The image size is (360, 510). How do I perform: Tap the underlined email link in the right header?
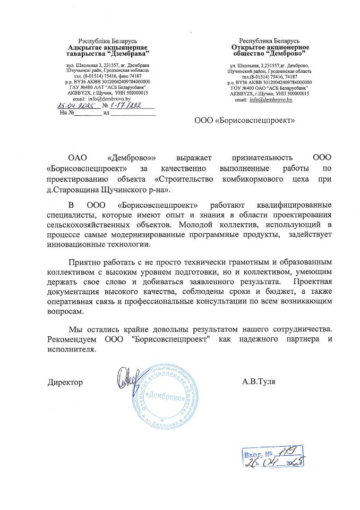pyautogui.click(x=272, y=99)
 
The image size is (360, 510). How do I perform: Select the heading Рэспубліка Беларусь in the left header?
pyautogui.click(x=108, y=41)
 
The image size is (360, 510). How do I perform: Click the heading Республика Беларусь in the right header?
pyautogui.click(x=269, y=41)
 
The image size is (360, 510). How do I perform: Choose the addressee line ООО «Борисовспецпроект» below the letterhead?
pyautogui.click(x=245, y=121)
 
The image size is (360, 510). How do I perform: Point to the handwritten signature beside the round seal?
pyautogui.click(x=127, y=378)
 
